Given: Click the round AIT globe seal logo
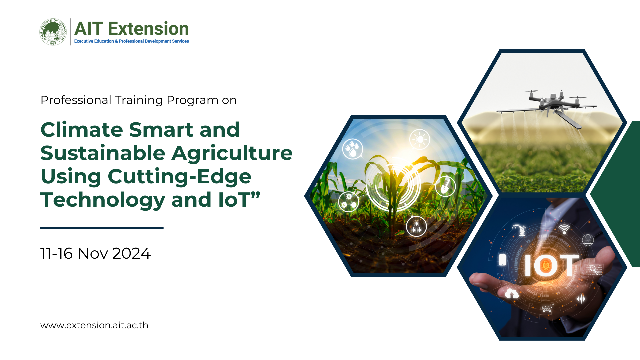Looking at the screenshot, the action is click(x=53, y=32).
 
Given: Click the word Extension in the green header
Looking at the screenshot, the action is click(x=148, y=29).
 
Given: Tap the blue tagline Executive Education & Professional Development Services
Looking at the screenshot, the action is click(x=132, y=41).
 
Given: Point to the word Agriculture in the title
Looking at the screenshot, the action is click(x=232, y=154).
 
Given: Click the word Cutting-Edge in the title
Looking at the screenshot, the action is click(x=180, y=177).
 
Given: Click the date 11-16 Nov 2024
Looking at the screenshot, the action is click(x=96, y=253).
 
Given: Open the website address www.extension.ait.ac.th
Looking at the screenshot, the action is click(x=94, y=325).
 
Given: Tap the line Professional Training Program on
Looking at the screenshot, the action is click(x=139, y=100).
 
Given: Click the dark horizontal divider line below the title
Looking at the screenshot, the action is click(x=102, y=228).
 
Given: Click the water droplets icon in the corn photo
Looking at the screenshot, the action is click(x=353, y=149).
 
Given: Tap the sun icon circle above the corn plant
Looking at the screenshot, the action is click(x=420, y=139).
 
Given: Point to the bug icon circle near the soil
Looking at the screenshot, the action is click(x=416, y=226).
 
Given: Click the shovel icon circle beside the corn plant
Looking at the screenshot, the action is click(x=445, y=186).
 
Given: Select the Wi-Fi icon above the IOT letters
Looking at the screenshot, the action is click(x=564, y=229).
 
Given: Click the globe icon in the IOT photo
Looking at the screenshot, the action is click(x=588, y=240).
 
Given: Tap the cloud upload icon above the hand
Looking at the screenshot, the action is click(x=512, y=294).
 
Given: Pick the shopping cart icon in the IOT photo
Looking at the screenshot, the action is click(x=547, y=308).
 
